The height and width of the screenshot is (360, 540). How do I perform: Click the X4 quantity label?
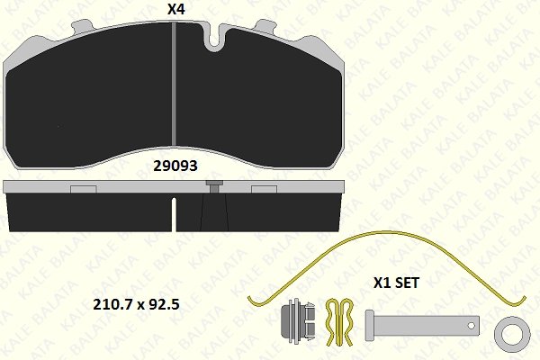[176, 9]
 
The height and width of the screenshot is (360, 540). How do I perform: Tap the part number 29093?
[175, 166]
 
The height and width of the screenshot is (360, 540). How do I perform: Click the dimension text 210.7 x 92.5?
[137, 304]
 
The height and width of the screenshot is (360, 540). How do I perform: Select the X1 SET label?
[396, 283]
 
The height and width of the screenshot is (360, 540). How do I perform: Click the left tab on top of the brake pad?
[82, 27]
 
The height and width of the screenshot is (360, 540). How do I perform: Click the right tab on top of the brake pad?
[265, 26]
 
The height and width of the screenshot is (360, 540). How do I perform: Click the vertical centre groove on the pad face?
[174, 84]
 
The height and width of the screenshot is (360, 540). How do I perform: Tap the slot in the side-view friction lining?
[174, 214]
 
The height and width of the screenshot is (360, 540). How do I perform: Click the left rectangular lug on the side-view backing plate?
[84, 189]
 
